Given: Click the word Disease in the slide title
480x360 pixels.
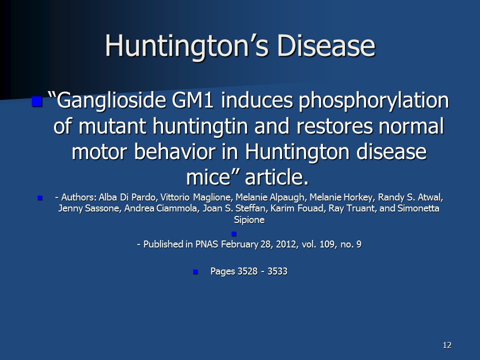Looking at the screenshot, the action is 326,45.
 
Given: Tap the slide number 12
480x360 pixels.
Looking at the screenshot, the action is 447,345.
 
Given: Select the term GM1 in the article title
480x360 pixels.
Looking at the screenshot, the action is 192,100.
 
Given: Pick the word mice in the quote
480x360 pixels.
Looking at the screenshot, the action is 208,177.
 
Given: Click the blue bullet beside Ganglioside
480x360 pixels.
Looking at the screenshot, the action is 36,101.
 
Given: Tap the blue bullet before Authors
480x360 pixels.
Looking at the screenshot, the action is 40,198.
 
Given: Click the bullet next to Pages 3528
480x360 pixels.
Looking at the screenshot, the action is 195,272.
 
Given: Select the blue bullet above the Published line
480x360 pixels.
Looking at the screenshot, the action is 234,234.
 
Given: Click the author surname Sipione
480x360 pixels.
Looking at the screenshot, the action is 249,220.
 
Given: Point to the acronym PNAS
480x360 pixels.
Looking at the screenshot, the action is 206,244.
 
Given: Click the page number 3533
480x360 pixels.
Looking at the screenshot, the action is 277,271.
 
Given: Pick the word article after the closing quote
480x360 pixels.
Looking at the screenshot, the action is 276,177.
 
